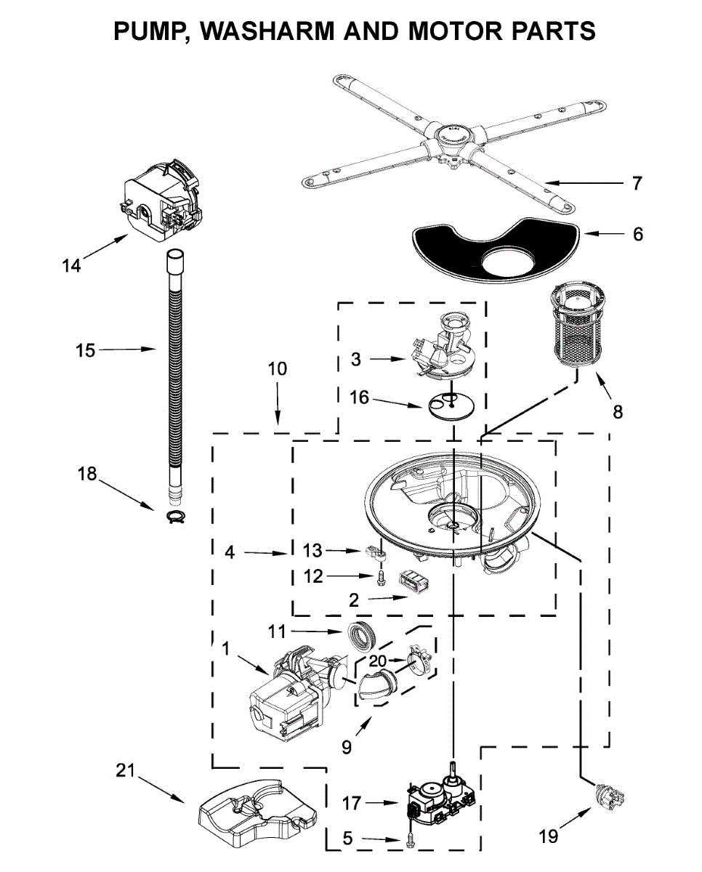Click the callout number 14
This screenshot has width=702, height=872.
point(70,266)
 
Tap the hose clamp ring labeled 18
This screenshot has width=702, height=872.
point(175,517)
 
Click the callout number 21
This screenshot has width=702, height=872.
point(126,771)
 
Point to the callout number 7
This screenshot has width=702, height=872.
point(637,183)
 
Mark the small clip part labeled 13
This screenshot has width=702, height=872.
point(376,554)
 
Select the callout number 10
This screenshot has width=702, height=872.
point(276,368)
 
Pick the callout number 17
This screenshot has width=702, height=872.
point(352,803)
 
